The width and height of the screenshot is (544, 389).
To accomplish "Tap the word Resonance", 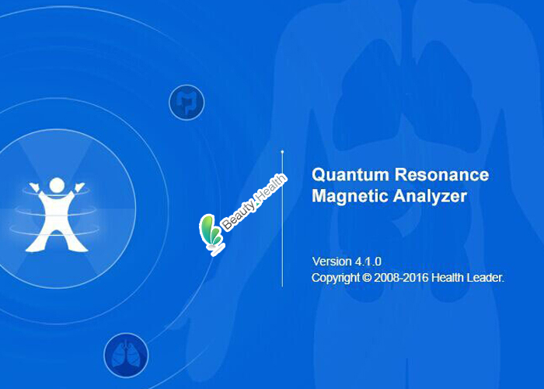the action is click(442, 175).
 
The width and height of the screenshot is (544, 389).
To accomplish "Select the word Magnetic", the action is click(350, 197).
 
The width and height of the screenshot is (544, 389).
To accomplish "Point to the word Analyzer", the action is click(430, 197).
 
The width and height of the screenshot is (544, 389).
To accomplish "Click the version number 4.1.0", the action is click(368, 261).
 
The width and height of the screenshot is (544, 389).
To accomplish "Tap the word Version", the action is click(332, 261).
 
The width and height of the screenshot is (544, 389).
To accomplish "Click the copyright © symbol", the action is click(366, 278).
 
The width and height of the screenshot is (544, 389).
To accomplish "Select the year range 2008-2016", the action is click(401, 278).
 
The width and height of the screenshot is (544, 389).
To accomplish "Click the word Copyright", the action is click(336, 278).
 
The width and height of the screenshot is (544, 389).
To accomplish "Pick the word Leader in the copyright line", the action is click(486, 278).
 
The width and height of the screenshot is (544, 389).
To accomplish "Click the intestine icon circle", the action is click(187, 103).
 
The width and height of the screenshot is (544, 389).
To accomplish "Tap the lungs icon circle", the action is click(126, 356).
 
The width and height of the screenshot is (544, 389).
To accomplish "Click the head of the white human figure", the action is click(57, 185).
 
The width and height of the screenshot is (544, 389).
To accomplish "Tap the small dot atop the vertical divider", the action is click(282, 152).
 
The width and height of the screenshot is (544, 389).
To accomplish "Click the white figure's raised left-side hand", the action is click(33, 187).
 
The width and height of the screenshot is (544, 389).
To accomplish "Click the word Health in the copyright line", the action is click(448, 278).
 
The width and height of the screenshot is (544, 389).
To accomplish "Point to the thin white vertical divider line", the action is click(282, 219).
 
